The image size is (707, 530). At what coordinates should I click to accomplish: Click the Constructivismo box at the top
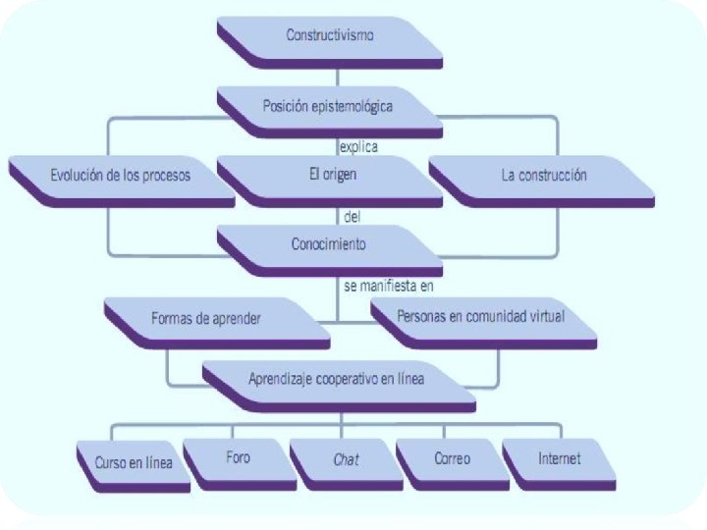tap(330, 37)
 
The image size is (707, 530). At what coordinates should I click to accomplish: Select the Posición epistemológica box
tap(330, 107)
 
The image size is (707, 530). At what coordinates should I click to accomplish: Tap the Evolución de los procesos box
tap(120, 177)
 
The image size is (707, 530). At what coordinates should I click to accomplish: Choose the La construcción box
tap(543, 177)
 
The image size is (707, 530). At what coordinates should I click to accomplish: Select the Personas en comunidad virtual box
tap(481, 319)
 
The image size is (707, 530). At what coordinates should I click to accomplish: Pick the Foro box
tap(238, 459)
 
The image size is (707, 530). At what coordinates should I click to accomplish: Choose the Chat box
tap(346, 459)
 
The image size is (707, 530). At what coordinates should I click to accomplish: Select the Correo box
tap(452, 459)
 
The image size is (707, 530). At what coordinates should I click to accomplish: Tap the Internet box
tap(559, 459)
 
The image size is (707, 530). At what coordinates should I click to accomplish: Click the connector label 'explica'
tap(359, 147)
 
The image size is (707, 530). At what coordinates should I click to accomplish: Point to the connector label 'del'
tap(353, 216)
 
